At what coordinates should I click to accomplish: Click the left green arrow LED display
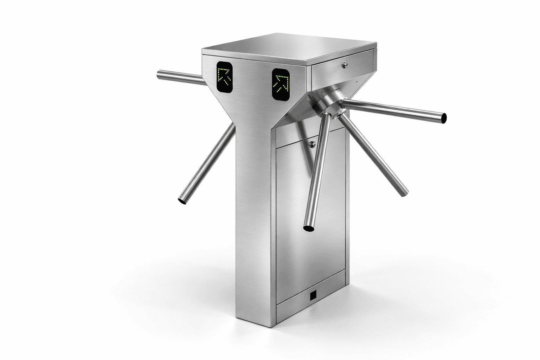224,77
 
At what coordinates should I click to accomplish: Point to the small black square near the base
313,296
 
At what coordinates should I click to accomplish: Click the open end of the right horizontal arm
444,118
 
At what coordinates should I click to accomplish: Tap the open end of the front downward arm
309,229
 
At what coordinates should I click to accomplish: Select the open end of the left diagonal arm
183,200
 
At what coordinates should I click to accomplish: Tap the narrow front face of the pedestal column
253,211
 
